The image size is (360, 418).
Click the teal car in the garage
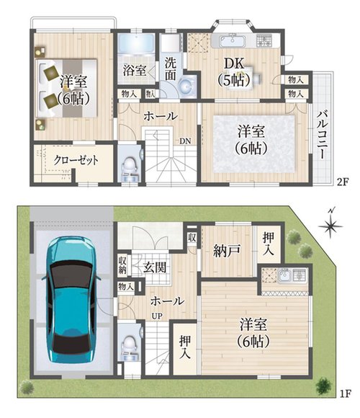coord(71,299)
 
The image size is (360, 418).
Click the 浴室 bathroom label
coord(135,70)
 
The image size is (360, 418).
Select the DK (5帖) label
coord(234,72)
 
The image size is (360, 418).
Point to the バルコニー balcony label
coord(322,135)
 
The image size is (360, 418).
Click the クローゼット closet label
coord(76,160)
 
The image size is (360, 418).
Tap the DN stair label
coord(185,141)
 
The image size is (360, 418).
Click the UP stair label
coord(157,316)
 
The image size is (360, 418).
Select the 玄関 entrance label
coord(155,267)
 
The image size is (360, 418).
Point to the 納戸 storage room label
coord(227,251)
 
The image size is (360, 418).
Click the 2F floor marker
coord(343,182)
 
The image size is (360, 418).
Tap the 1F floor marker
coord(346,393)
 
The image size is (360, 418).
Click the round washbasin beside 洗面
coord(186,86)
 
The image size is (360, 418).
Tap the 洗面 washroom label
coord(171,69)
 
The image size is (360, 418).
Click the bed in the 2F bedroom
coord(66,88)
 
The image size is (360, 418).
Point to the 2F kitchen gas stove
coord(264,40)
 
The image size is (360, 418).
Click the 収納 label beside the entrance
coord(122,265)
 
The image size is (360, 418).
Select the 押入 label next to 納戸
coord(268,244)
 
